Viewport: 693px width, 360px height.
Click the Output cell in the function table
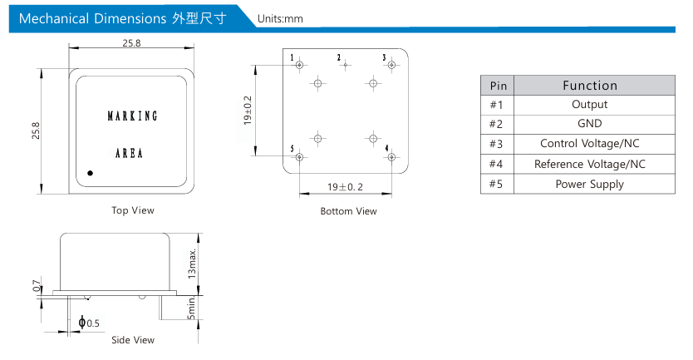point(589,105)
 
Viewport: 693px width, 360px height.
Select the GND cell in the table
point(589,124)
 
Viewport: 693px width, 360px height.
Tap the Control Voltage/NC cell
point(589,144)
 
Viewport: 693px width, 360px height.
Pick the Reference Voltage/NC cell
point(589,164)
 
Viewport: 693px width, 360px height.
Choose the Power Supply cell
point(589,184)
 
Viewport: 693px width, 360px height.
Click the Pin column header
point(498,85)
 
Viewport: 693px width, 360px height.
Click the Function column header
point(589,85)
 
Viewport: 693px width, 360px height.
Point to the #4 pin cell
point(498,164)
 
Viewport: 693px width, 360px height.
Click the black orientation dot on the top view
point(90,173)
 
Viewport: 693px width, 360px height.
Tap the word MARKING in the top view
point(132,116)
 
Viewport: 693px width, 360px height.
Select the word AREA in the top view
point(129,153)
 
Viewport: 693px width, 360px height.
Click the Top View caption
point(133,210)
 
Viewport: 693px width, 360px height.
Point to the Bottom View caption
point(348,211)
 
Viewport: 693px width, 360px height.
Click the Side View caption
point(133,340)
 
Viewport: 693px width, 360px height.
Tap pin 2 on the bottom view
point(345,63)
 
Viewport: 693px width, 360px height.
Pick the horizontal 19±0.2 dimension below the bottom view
point(345,187)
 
